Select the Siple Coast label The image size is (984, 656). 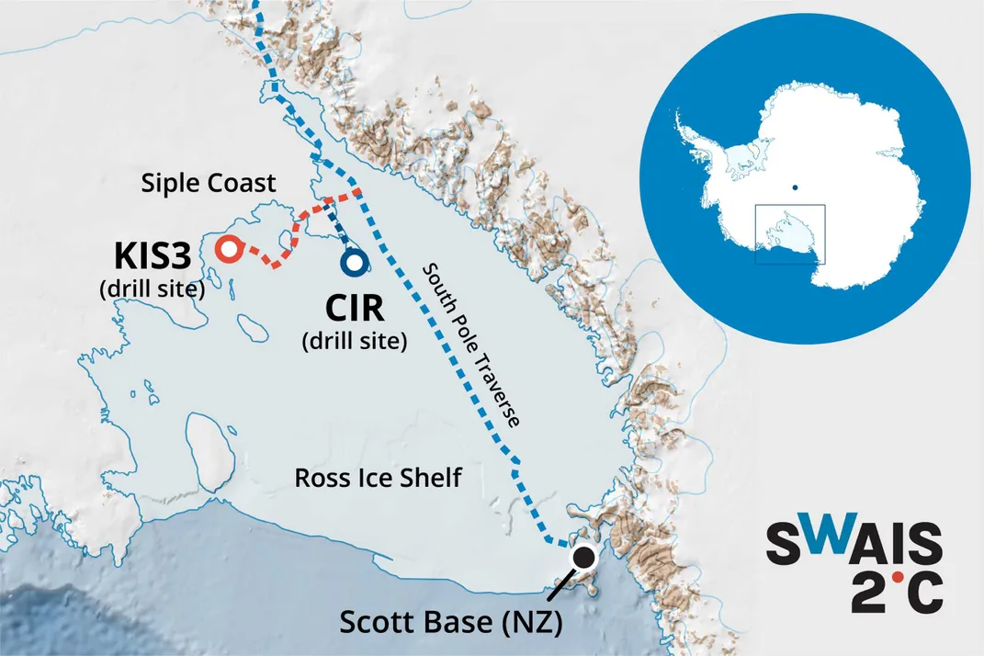tap(209, 184)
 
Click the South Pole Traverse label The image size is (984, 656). tap(470, 345)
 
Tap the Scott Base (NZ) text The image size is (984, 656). tap(450, 622)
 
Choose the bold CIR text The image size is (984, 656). tap(354, 308)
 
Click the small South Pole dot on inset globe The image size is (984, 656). tap(795, 189)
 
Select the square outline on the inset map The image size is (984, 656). tap(790, 234)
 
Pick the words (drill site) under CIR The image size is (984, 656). tap(354, 342)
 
